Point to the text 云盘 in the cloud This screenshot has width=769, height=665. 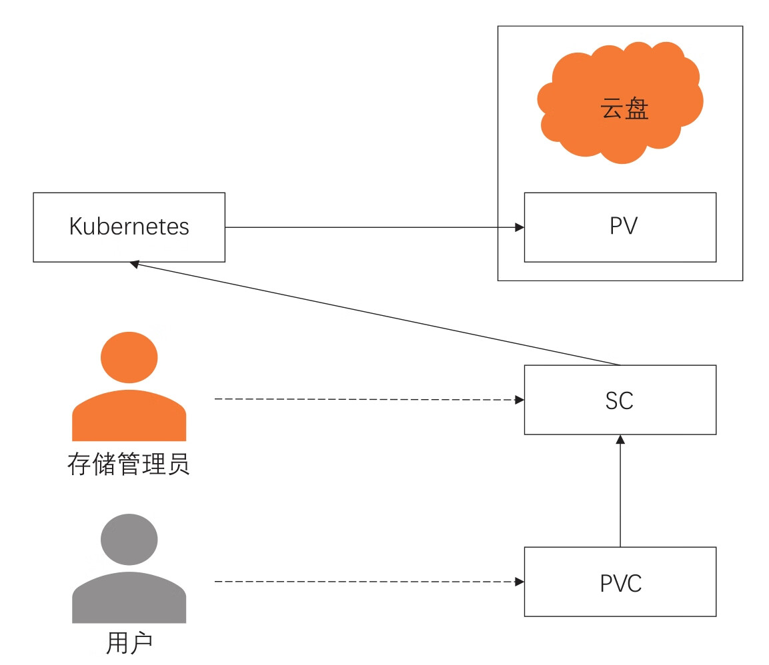(625, 109)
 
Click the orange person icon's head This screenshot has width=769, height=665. (129, 357)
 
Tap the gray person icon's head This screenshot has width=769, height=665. (129, 539)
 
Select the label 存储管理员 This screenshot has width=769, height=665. (129, 464)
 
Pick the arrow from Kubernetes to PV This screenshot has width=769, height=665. (373, 228)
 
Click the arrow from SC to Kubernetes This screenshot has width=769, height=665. (373, 313)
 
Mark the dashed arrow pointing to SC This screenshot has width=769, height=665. (367, 399)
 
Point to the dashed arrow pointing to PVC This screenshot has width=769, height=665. (367, 582)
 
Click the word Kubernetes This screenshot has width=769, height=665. (129, 227)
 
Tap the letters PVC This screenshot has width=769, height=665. (620, 583)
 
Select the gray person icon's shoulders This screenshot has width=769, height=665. (129, 597)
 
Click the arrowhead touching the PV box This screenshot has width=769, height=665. (520, 228)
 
